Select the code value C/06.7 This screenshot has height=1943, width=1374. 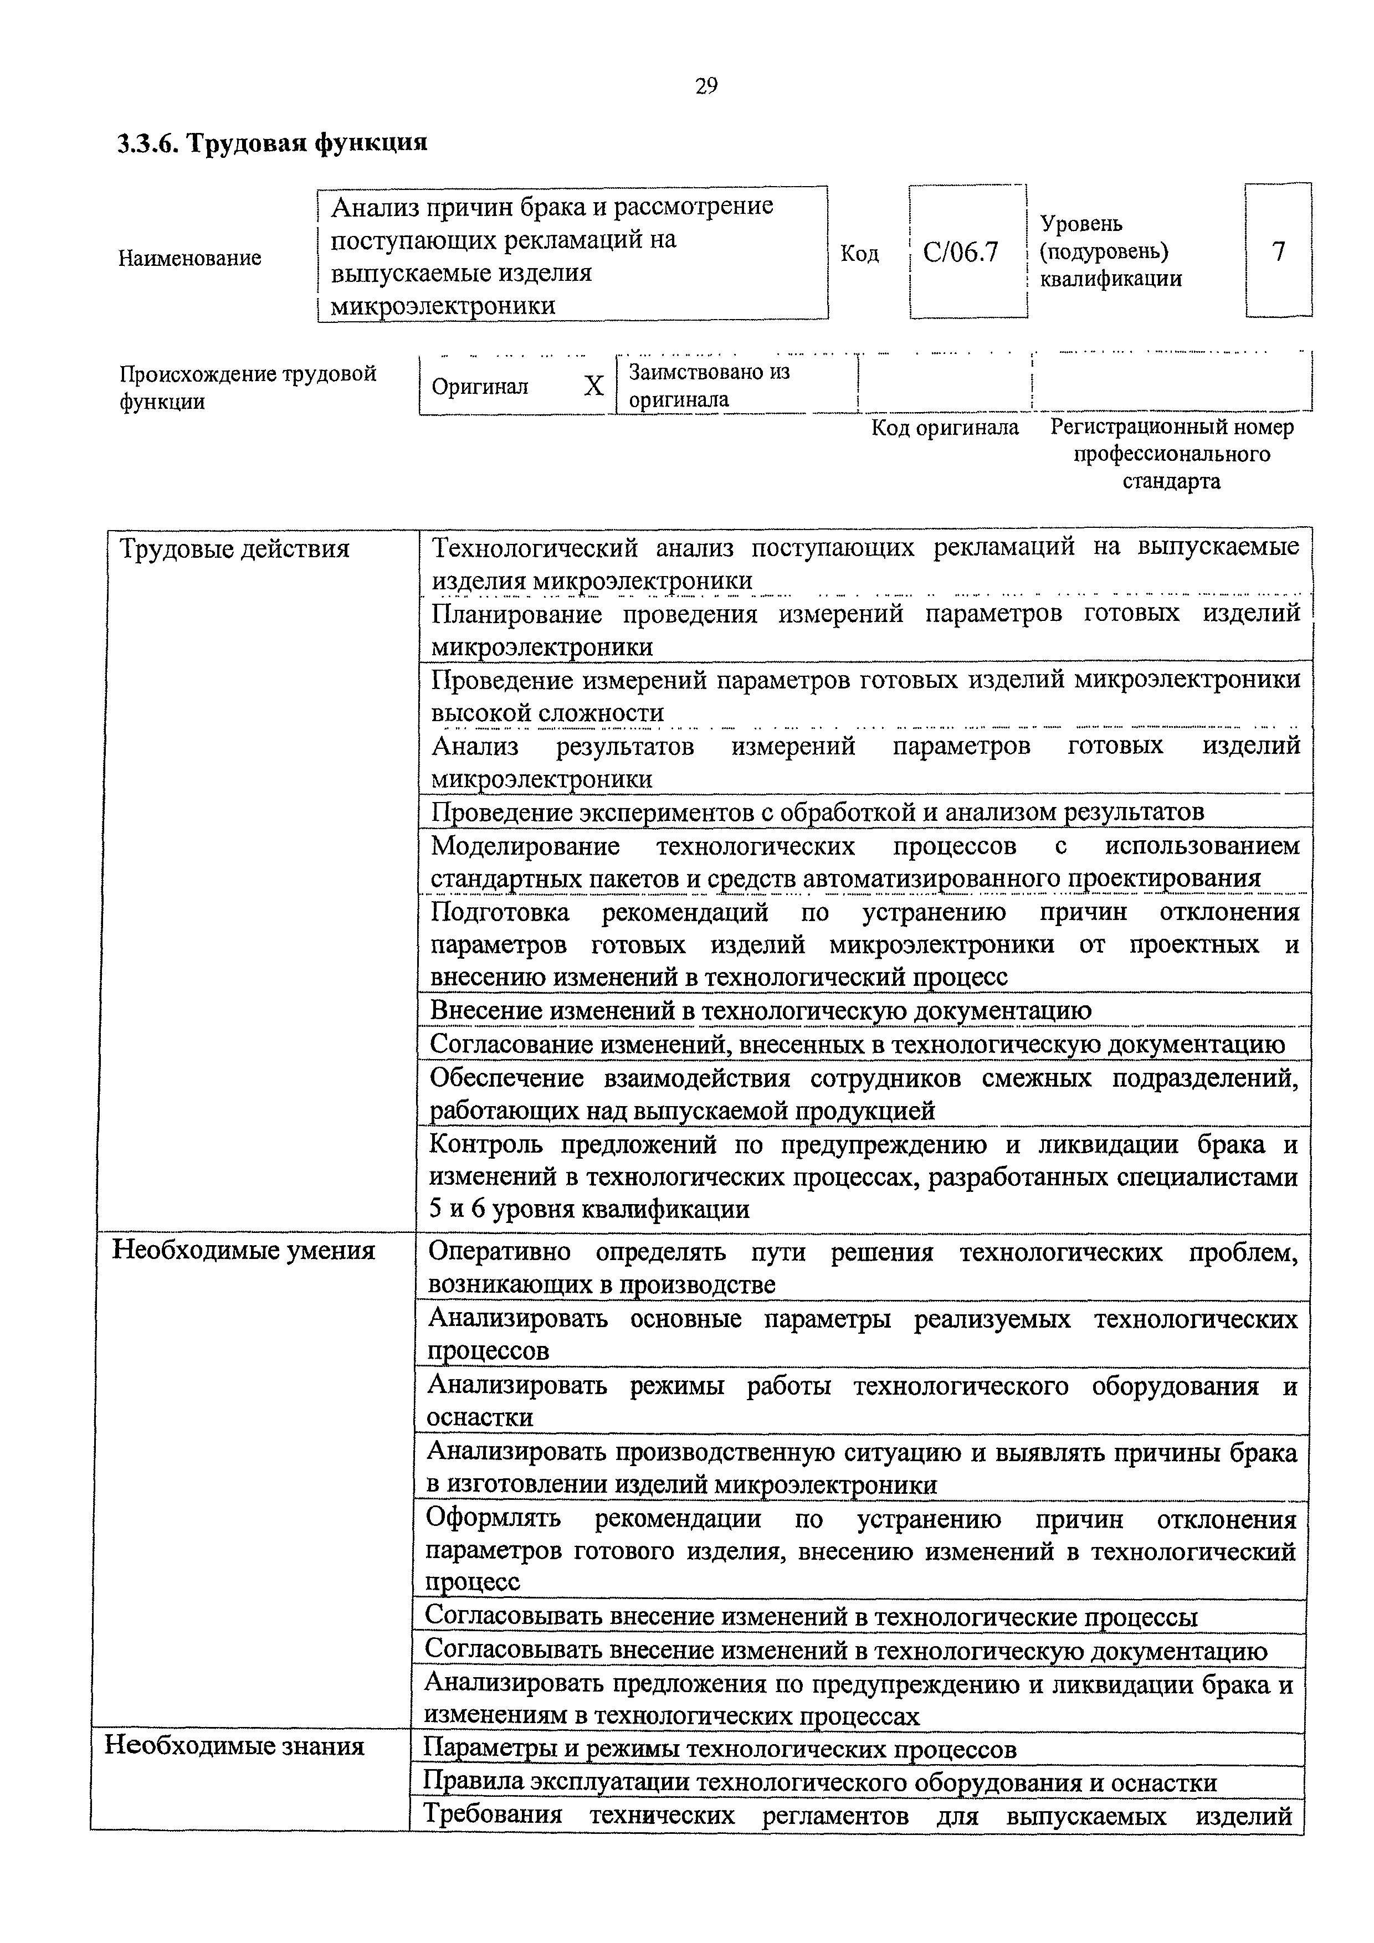(x=960, y=252)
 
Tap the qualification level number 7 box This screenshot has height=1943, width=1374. (x=1278, y=251)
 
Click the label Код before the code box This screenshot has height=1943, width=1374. (x=859, y=254)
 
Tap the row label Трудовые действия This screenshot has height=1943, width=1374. (x=234, y=549)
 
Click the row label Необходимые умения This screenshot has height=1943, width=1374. (x=243, y=1251)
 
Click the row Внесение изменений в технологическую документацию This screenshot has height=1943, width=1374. (x=760, y=1010)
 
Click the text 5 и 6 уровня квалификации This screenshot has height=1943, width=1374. (x=589, y=1209)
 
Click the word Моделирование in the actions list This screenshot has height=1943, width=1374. (x=525, y=846)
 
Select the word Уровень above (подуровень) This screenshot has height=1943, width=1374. (x=1081, y=223)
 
